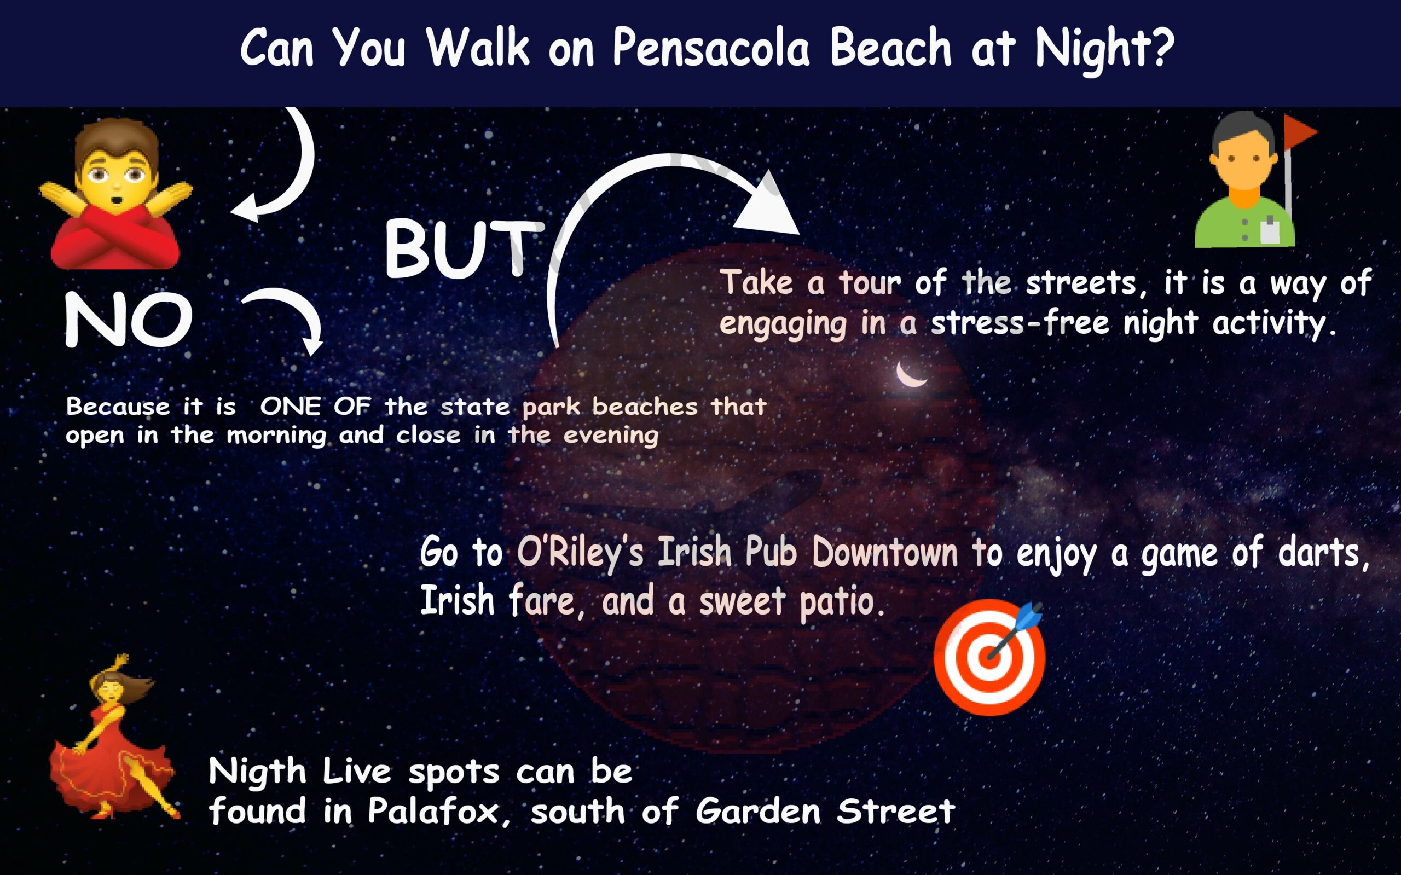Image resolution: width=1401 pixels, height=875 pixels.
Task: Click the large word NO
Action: [129, 320]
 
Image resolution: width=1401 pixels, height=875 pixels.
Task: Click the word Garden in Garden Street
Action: [758, 812]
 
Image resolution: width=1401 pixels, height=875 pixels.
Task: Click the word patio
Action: [842, 602]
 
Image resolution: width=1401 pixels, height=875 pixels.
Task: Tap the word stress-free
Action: [1020, 323]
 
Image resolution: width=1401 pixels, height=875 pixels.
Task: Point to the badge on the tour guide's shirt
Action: [1269, 230]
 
